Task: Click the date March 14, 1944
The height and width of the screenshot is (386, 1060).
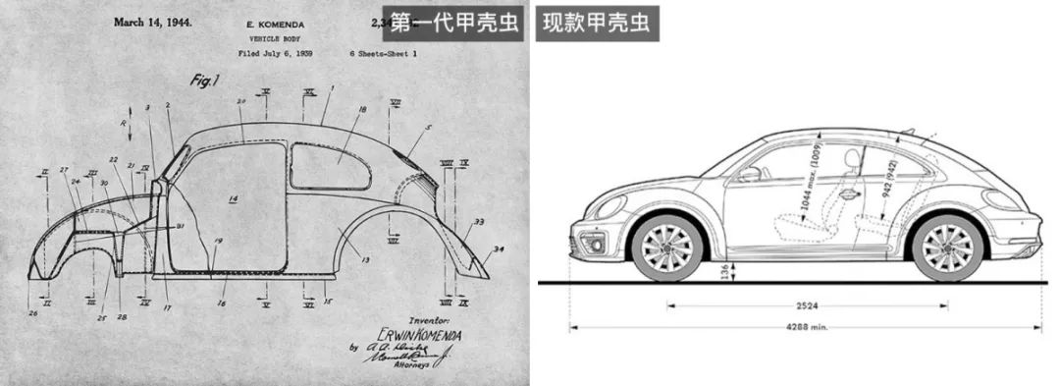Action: (152, 21)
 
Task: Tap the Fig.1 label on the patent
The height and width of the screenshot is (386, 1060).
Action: (202, 83)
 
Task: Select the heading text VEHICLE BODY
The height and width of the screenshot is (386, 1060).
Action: (272, 37)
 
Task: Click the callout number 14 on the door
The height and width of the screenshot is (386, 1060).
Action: (234, 198)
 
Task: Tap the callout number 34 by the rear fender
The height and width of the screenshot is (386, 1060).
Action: (498, 249)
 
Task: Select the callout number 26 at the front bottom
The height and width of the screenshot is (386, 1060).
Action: (32, 313)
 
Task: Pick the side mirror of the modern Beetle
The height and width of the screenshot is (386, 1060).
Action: (750, 174)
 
